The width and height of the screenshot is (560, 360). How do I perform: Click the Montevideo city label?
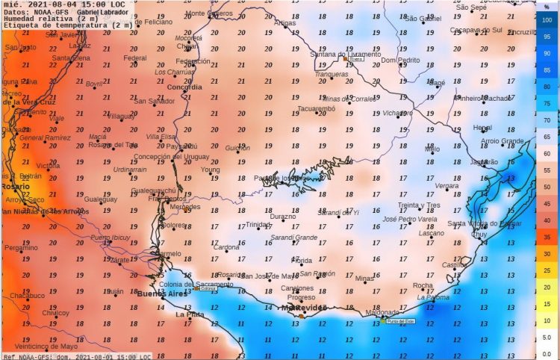(303, 308)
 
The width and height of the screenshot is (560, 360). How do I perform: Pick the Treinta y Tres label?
(419, 205)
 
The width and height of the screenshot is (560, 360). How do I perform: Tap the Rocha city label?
(423, 285)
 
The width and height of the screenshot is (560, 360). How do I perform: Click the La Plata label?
(190, 314)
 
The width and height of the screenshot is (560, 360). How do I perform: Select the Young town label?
(211, 170)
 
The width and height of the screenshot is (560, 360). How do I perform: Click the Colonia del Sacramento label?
(191, 284)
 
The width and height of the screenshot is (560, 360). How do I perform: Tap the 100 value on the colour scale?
(547, 19)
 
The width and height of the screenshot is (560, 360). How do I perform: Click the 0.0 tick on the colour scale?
(547, 354)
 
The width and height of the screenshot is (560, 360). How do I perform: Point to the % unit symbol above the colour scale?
(547, 7)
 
